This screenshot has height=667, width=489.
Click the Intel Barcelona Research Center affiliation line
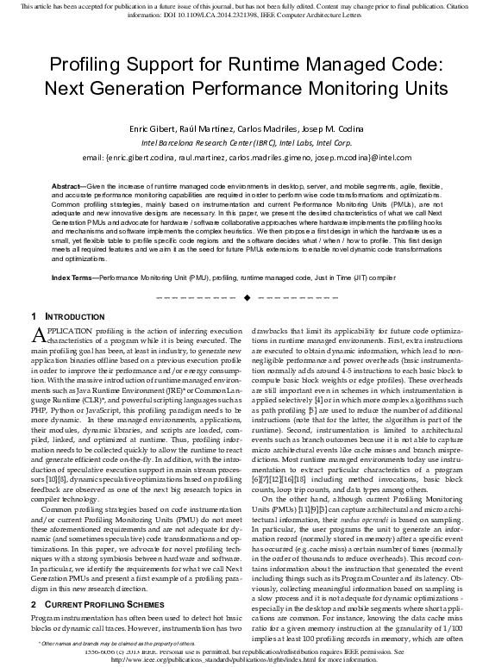pyautogui.click(x=245, y=142)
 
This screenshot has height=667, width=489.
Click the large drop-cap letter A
pyautogui.click(x=36, y=336)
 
